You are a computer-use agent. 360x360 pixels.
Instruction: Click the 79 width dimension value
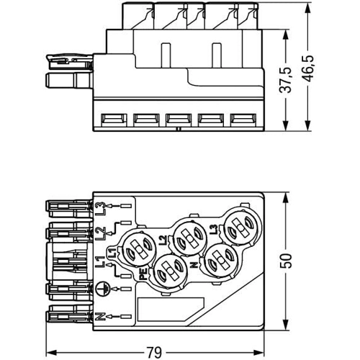[x=154, y=352]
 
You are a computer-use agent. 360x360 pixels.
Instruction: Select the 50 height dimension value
[x=286, y=261]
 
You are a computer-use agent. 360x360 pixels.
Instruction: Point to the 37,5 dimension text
[x=286, y=80]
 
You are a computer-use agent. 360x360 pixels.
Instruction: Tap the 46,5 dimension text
[x=307, y=68]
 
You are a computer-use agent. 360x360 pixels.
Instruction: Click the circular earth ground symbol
[x=102, y=288]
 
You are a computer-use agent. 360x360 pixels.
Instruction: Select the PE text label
[x=143, y=274]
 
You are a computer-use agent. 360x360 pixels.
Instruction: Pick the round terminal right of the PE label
[x=170, y=270]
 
